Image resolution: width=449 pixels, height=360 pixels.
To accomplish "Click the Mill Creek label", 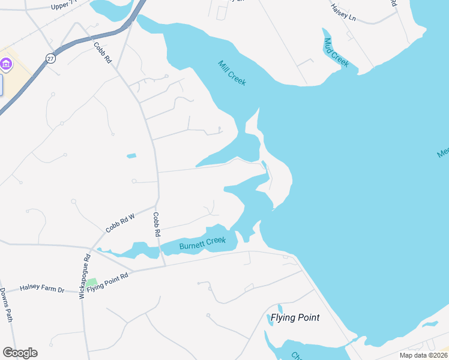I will coord(232,73).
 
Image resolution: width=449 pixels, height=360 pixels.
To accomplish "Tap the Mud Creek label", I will coord(336,52).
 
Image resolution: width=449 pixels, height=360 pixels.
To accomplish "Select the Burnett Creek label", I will coord(202,242).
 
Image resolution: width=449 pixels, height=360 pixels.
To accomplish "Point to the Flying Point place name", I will coord(295,317).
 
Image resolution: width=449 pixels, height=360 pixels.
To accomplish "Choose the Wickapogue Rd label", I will coord(85,275).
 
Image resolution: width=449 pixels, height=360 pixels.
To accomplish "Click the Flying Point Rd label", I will coord(108,280).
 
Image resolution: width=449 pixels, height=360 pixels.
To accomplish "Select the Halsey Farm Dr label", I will coord(42,289).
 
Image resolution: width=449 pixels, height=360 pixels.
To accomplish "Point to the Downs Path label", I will coord(7,305).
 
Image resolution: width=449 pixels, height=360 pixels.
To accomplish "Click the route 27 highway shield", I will coord(49,58).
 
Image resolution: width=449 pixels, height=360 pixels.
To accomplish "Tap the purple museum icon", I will coord(7,64).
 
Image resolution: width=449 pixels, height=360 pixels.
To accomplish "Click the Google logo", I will coord(20,352).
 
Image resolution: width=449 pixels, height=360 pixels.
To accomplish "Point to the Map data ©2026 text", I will coord(423,355).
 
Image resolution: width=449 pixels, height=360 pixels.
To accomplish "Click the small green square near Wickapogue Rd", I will coord(91,282).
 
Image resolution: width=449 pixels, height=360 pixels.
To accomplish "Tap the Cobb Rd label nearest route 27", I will coord(103,52).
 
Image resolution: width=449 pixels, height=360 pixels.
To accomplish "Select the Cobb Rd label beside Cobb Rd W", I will coord(157,224).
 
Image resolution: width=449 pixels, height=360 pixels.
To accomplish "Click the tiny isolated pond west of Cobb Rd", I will coord(131,156).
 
